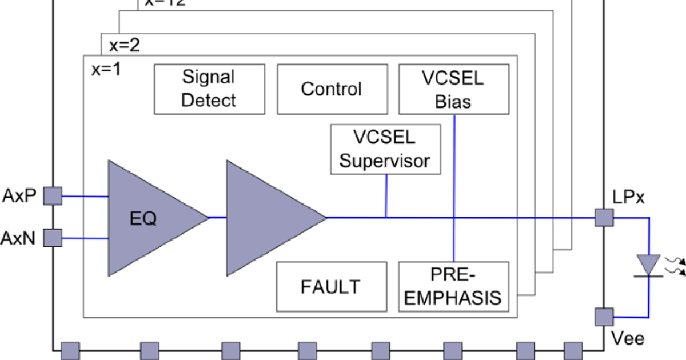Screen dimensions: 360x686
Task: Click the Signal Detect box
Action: tap(209, 89)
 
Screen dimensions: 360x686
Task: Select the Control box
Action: tap(331, 89)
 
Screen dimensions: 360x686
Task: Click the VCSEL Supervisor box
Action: tap(385, 149)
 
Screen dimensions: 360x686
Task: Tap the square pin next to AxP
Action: tap(53, 197)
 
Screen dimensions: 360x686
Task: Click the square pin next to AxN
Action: tap(53, 237)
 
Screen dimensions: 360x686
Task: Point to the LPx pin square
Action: tap(604, 218)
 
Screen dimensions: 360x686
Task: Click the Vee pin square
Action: tap(604, 317)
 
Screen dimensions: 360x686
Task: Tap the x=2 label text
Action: tap(124, 46)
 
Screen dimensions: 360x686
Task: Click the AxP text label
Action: tap(20, 197)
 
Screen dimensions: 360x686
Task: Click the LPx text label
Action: tap(628, 199)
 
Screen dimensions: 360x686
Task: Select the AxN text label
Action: tap(19, 238)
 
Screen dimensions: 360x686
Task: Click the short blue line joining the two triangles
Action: tap(217, 217)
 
